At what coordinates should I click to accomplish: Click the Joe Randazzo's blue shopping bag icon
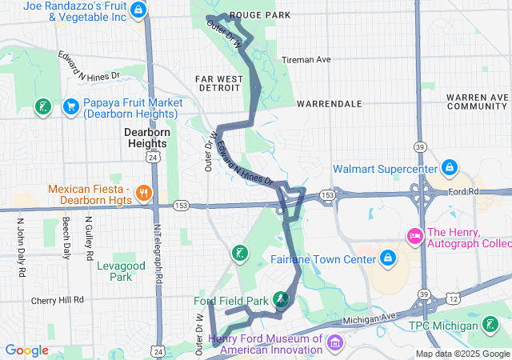139,10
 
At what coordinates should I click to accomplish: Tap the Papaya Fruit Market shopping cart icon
70,106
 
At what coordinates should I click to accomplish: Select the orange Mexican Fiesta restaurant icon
144,192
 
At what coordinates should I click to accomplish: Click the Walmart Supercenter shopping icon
450,168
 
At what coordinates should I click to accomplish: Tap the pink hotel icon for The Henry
414,235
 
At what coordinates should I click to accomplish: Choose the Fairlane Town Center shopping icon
388,258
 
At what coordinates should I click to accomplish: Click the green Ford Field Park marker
281,300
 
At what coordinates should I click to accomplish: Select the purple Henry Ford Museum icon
334,342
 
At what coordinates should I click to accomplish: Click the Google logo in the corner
26,350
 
